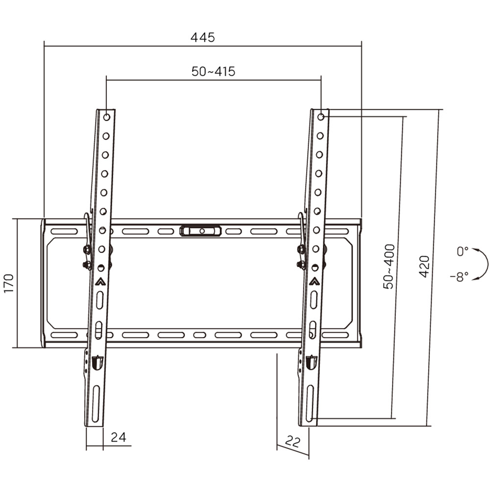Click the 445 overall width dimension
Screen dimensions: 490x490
[x=203, y=37]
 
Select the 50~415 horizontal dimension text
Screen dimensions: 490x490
[x=213, y=72]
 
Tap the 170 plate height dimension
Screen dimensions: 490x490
[x=9, y=283]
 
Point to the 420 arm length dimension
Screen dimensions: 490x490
[x=424, y=266]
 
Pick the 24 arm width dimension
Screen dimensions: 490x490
[x=119, y=437]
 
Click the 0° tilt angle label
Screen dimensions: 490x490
[x=462, y=251]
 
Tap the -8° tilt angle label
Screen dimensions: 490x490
[x=459, y=277]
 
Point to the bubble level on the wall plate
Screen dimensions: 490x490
[x=200, y=230]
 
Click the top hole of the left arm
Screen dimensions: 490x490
[x=107, y=117]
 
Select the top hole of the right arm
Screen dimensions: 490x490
[x=320, y=117]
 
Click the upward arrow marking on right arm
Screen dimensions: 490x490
[x=314, y=281]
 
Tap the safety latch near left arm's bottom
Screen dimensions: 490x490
[x=97, y=363]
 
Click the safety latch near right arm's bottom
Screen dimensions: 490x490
[x=311, y=363]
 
